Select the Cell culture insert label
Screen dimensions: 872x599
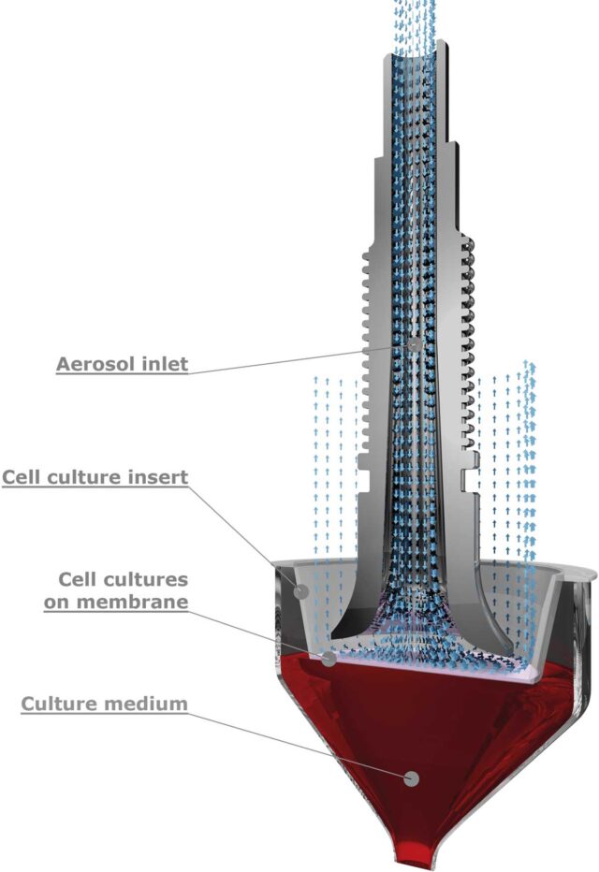coord(95,477)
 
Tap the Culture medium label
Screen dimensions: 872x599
coord(104,703)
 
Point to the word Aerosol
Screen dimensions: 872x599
coord(94,363)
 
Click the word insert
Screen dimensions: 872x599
coord(163,477)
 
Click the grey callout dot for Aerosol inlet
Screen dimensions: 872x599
coord(415,344)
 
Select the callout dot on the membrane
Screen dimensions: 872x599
coord(329,659)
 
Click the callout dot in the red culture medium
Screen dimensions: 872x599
coord(409,778)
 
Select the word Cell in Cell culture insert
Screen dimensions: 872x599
coord(20,477)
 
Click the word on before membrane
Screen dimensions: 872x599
coord(59,601)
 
